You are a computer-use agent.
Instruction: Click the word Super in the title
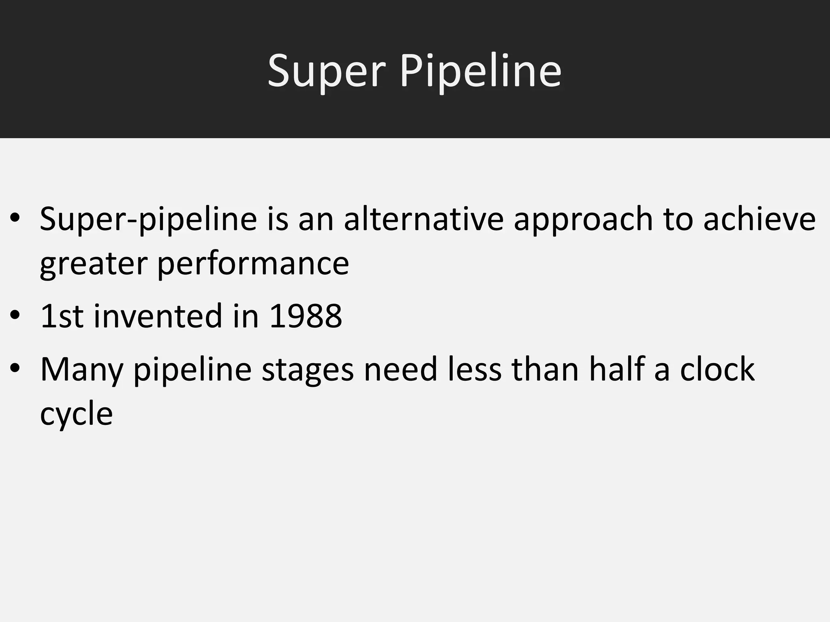[327, 71]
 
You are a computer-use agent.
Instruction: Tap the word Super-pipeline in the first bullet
[148, 219]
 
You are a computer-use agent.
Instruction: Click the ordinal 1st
[62, 316]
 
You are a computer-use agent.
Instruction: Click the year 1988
[306, 316]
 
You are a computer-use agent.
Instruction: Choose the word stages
[308, 370]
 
